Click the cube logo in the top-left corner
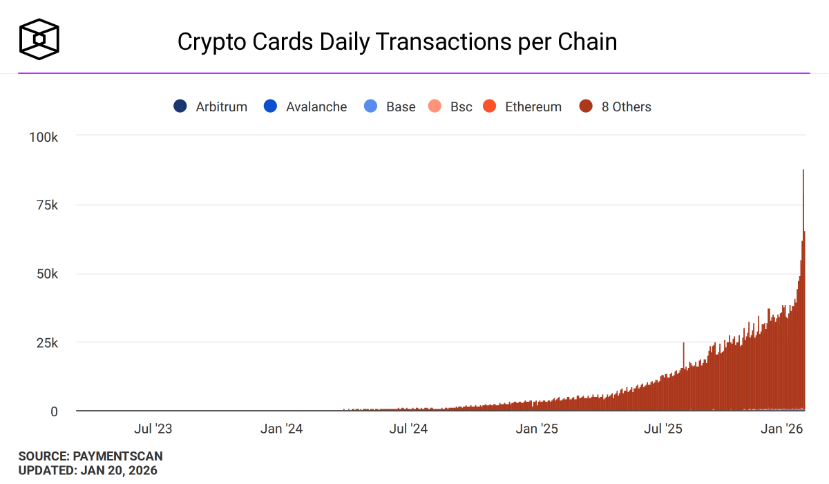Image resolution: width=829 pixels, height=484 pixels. (x=39, y=38)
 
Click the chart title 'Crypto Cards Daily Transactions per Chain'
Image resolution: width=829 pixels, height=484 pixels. (x=397, y=41)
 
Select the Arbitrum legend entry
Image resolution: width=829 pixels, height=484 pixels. (x=211, y=106)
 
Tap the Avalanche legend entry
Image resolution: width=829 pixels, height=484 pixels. (x=305, y=106)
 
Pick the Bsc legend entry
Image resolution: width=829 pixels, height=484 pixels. (x=450, y=106)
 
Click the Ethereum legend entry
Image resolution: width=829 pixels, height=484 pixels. (x=522, y=106)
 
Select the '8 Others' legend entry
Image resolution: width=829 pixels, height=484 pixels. (x=616, y=106)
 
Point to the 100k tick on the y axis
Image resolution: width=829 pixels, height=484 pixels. (x=44, y=137)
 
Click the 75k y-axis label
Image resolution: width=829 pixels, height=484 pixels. (x=47, y=205)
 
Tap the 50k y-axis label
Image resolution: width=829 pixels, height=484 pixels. (x=47, y=274)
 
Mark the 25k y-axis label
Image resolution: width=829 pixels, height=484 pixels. (x=47, y=342)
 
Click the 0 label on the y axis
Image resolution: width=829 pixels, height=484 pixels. (x=53, y=411)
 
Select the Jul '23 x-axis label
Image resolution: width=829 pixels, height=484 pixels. (x=153, y=429)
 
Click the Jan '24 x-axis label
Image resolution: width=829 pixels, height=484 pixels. (x=281, y=429)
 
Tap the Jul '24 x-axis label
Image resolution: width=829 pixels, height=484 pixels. (x=408, y=429)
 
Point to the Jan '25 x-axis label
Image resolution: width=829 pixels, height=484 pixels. (x=536, y=429)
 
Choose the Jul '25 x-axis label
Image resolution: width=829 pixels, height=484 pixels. (x=663, y=429)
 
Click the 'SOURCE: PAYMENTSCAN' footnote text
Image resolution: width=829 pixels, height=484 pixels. (x=90, y=456)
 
